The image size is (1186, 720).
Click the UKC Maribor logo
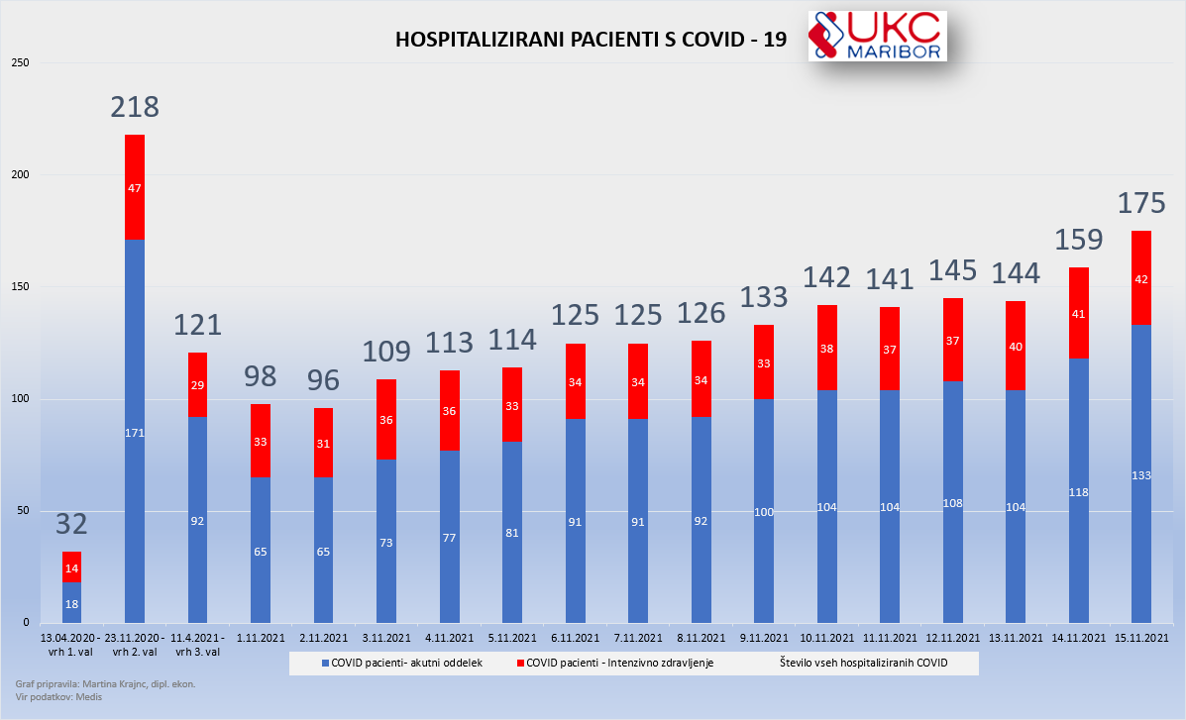(877, 37)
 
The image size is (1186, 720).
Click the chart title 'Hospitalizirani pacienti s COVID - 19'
(592, 40)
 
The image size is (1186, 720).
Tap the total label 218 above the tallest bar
(135, 108)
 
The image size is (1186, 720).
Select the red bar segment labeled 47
(135, 187)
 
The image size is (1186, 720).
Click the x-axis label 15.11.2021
(1141, 637)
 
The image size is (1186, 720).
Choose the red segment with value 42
(1141, 278)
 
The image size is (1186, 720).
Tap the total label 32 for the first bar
(71, 524)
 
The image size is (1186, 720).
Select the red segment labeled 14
(71, 567)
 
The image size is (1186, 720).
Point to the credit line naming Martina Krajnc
(105, 684)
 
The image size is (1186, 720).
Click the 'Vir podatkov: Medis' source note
(58, 697)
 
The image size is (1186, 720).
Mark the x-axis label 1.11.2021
(261, 637)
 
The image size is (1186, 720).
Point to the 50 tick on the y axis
(24, 511)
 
